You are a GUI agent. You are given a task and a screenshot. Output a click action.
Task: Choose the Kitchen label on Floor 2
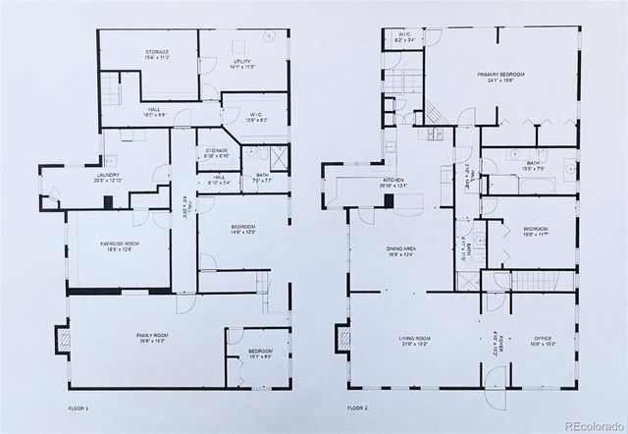click(x=367, y=184)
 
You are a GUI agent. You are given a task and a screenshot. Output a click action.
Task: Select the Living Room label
click(x=416, y=341)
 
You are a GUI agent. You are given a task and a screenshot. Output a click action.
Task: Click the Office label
click(x=542, y=341)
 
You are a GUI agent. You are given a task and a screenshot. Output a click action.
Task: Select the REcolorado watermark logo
click(x=585, y=424)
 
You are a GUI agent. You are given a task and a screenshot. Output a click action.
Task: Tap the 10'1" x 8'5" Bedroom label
click(x=260, y=353)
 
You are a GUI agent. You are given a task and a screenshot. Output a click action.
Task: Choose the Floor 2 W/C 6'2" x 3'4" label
click(x=404, y=37)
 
